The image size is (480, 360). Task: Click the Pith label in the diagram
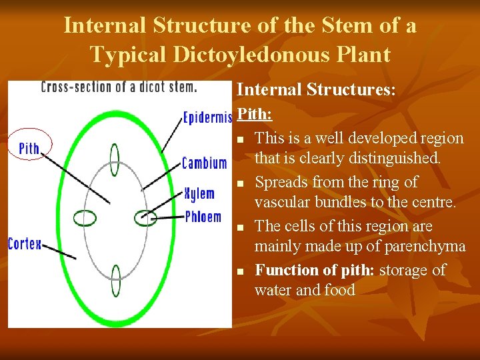pos(29,147)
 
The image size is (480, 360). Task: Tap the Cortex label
pos(24,244)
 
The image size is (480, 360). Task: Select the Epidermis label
pos(207,119)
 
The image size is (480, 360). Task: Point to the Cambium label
pos(204,163)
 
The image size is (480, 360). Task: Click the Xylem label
pos(199,194)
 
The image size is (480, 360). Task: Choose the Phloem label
pos(203,217)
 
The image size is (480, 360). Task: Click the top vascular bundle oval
pos(115,161)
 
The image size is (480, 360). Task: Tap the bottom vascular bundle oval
pos(115,281)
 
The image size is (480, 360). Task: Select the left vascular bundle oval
pos(85,218)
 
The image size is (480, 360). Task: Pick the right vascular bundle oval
pos(144,217)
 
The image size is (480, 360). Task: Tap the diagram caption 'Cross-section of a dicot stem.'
pos(119,87)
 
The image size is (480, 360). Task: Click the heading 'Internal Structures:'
pos(317,90)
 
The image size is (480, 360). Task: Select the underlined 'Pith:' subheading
pos(255,113)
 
